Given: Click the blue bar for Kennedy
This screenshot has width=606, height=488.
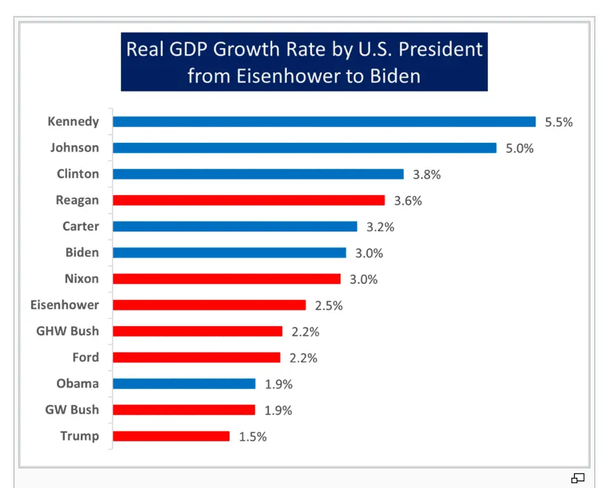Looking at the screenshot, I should tap(324, 122).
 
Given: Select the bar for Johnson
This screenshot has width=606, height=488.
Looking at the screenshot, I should tap(304, 148).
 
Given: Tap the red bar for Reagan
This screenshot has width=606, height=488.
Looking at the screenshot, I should tap(249, 201).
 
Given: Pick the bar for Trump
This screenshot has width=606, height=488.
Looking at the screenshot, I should tap(171, 436).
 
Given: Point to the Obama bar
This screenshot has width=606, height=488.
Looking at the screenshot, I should tap(184, 384).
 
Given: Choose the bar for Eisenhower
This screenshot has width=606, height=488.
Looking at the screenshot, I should tap(209, 305).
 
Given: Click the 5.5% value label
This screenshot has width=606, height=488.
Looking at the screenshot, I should tap(559, 122).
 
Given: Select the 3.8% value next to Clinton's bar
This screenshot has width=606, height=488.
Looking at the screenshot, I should tap(427, 174).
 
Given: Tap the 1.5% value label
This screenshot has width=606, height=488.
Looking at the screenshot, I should tap(253, 437).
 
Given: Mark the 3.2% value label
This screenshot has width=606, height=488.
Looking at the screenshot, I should tap(380, 227).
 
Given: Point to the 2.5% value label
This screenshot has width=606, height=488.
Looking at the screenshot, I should tap(328, 306).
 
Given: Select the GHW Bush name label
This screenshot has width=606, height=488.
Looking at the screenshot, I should tap(68, 331).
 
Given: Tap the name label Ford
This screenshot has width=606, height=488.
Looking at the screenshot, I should tap(86, 358).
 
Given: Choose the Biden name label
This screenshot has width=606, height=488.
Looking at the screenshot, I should tap(82, 252).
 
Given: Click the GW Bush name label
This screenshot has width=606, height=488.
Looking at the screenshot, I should tap(72, 410).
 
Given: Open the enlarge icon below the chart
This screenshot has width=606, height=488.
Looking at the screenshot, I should tap(577, 478).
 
